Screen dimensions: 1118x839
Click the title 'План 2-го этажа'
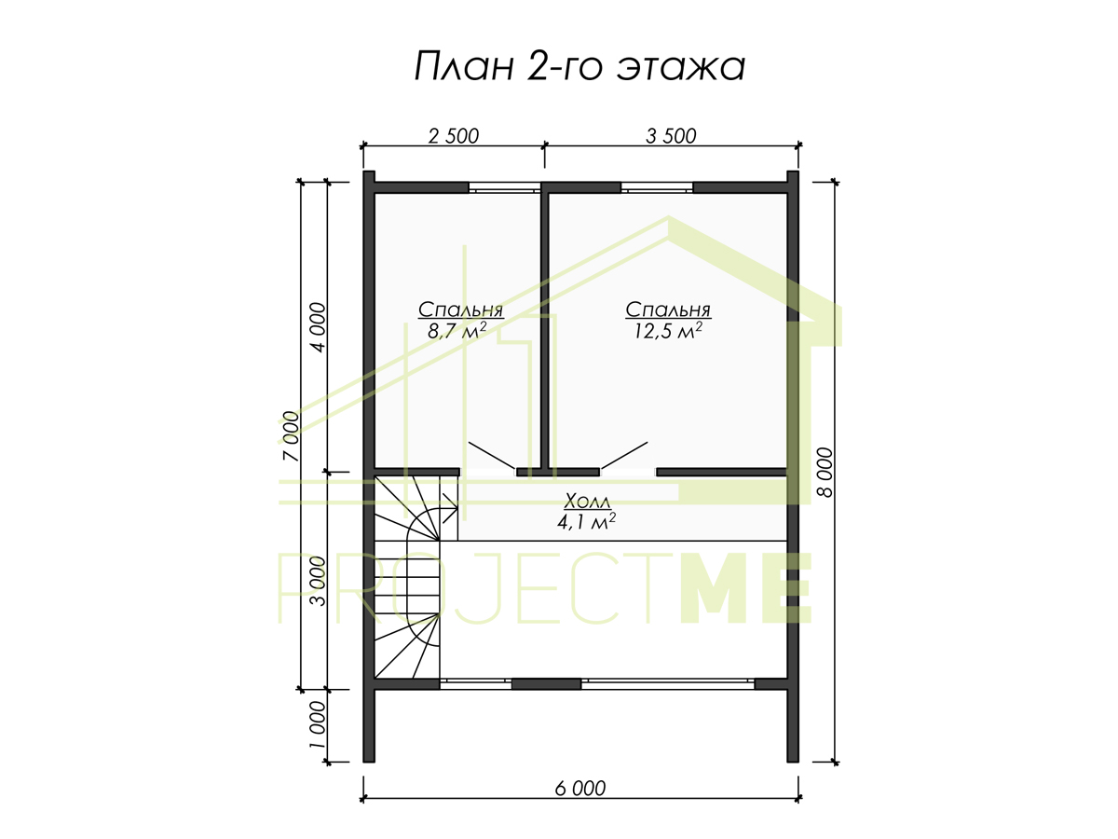(579, 67)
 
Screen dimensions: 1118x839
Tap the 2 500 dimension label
(454, 136)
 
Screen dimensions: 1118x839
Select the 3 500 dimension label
(671, 136)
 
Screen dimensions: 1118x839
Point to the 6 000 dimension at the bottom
(580, 788)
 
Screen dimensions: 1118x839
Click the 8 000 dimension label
(825, 473)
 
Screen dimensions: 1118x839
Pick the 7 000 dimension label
(291, 436)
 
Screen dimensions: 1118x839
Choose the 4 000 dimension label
(318, 327)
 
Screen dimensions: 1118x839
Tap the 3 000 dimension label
(318, 581)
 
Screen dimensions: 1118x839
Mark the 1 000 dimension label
(317, 725)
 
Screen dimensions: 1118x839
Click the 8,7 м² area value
(457, 331)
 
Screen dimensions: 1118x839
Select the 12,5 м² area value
(668, 331)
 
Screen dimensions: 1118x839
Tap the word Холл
(587, 501)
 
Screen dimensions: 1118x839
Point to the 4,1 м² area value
(586, 522)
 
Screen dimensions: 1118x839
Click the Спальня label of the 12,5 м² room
(668, 309)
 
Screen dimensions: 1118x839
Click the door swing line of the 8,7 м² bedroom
(491, 455)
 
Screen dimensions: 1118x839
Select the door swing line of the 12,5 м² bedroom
(624, 455)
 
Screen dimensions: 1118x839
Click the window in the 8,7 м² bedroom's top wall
(504, 187)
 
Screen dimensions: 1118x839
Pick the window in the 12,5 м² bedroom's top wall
(657, 187)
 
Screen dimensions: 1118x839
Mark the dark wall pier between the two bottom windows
(546, 683)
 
